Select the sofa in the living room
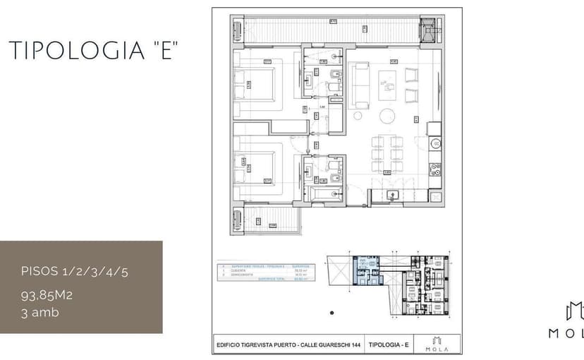pos(359,85)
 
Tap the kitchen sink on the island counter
pos(392,196)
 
